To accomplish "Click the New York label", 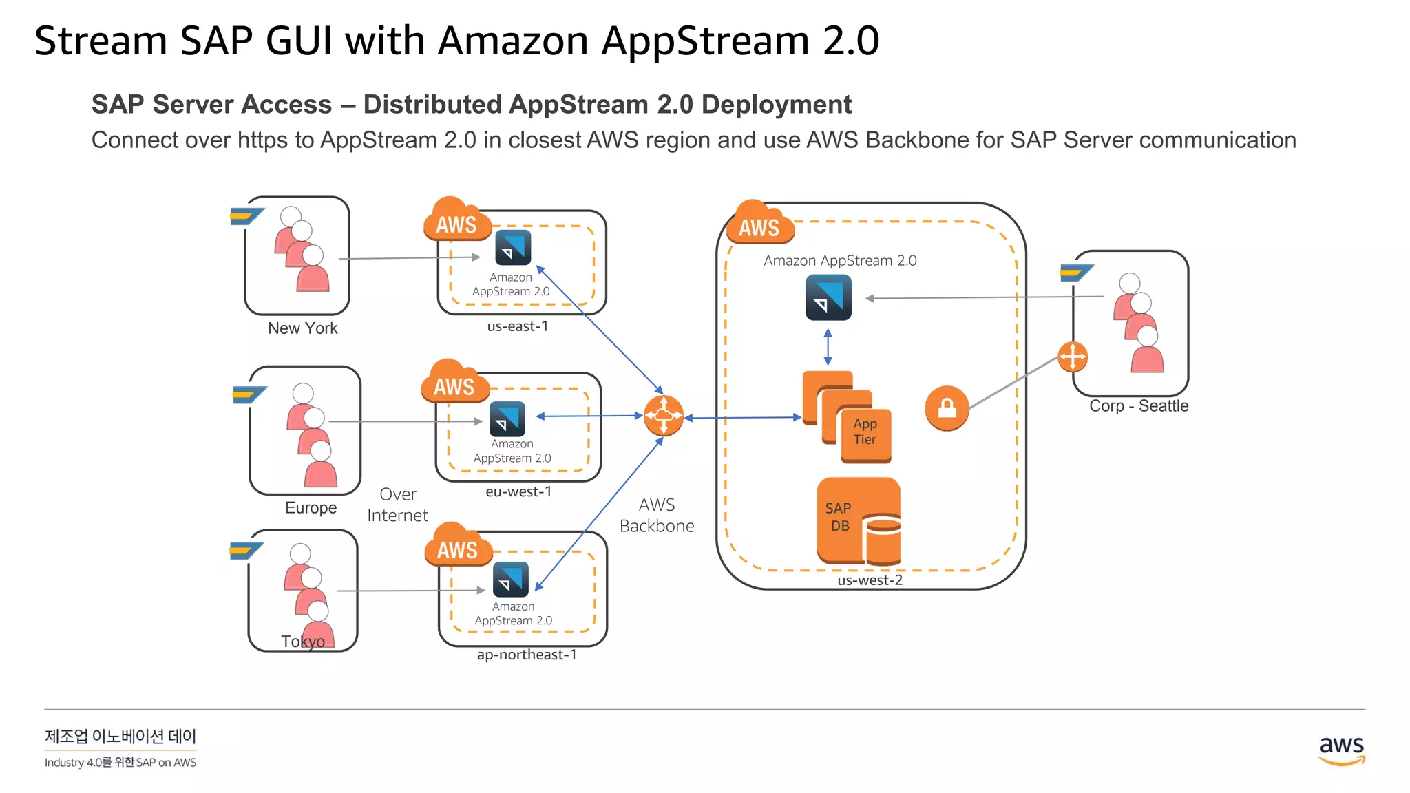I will point(302,328).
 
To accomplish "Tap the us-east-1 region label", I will point(517,326).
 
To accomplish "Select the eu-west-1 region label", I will point(518,491).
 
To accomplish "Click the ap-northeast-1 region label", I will point(526,655).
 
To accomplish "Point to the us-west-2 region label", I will point(870,580).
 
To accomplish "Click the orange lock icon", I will point(947,408).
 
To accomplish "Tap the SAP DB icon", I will point(858,521).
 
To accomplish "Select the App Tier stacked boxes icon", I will point(847,417).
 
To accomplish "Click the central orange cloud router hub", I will point(663,416).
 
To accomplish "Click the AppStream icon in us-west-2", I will point(828,297).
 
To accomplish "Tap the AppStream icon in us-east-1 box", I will point(513,247).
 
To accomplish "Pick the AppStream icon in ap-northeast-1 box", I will point(511,579).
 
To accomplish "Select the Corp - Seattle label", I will point(1138,406).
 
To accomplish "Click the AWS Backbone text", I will point(656,516).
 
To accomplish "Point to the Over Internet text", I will point(397,505).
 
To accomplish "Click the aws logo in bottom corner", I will point(1341,750).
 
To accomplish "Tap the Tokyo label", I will point(302,642).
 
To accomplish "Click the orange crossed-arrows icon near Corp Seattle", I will point(1072,357).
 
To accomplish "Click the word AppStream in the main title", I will point(705,41).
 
